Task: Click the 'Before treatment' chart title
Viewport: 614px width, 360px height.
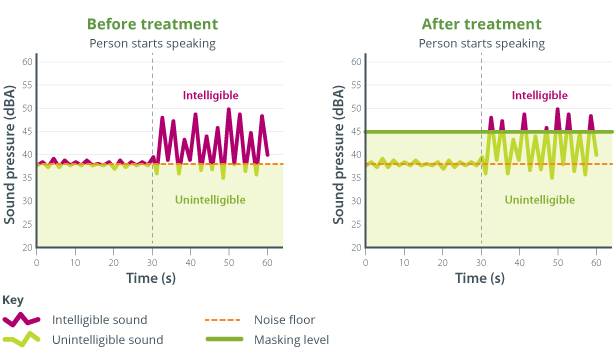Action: tap(152, 23)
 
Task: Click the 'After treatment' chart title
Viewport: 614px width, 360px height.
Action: tap(481, 23)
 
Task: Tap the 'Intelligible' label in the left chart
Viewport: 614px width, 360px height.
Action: tap(210, 96)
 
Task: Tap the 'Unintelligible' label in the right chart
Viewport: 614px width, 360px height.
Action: tap(539, 200)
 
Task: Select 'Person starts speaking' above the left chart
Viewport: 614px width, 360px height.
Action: tap(152, 43)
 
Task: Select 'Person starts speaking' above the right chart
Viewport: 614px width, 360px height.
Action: tap(481, 43)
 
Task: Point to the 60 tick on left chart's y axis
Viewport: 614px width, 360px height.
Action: tap(28, 62)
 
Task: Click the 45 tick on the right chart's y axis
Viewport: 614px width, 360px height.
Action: tap(357, 131)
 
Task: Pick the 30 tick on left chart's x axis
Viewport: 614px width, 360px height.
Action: tap(152, 262)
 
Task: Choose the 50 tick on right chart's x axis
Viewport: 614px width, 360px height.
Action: tap(557, 262)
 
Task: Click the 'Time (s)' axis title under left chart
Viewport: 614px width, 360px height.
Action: tap(151, 278)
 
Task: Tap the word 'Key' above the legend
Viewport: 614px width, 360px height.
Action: tap(13, 300)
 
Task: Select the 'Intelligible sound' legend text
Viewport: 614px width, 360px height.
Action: tap(101, 320)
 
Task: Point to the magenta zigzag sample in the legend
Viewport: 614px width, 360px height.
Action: tap(22, 320)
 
